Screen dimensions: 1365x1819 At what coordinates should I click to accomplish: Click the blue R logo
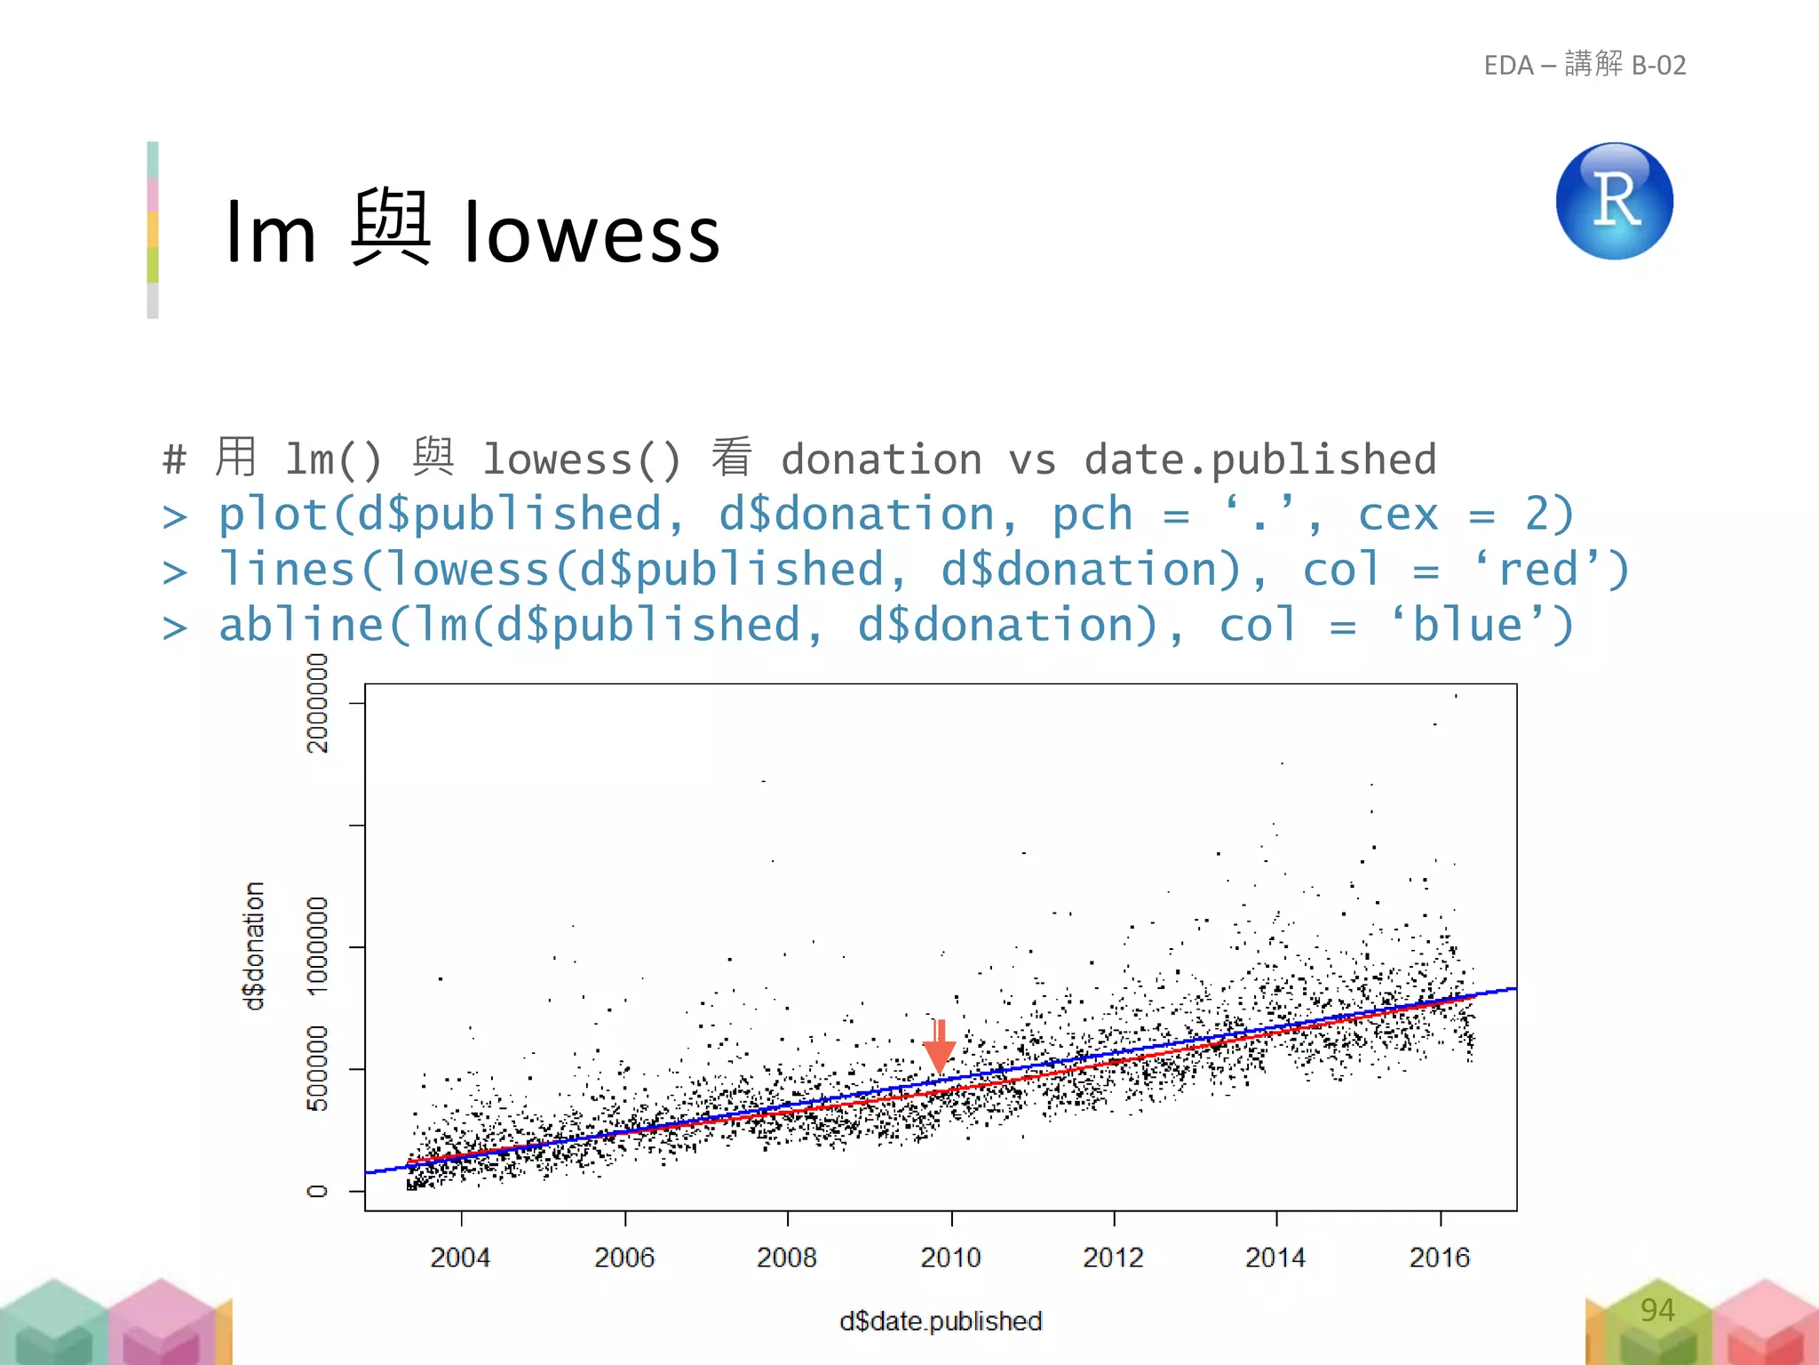tap(1614, 201)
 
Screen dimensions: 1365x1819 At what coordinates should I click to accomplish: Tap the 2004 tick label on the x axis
tap(460, 1257)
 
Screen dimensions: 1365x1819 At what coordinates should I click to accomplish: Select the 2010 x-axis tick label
tap(950, 1257)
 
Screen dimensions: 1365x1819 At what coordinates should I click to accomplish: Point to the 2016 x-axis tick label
tap(1440, 1257)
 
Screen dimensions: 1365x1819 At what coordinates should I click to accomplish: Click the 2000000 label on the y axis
tap(317, 703)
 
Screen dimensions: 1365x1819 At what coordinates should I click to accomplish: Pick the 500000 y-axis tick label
tap(317, 1068)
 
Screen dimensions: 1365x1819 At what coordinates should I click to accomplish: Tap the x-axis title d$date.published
tap(941, 1321)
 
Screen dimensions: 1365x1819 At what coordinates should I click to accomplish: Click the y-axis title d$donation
tap(254, 946)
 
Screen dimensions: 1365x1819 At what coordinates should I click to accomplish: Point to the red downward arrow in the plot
tap(939, 1046)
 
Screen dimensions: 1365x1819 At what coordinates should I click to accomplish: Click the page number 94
tap(1657, 1310)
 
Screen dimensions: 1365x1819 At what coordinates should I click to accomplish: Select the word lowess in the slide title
tap(592, 234)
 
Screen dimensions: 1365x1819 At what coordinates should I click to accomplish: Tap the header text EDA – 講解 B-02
tap(1585, 65)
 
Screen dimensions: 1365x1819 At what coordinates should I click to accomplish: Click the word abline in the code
tap(301, 625)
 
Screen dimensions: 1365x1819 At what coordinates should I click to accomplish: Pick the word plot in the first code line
tap(274, 515)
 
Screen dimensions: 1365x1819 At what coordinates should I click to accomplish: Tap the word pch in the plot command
tap(1092, 515)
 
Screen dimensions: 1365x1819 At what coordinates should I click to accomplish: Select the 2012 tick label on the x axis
tap(1113, 1257)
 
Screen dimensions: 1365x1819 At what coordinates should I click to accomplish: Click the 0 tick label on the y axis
tap(317, 1191)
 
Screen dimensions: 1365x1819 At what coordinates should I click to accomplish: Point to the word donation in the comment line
tap(881, 459)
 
